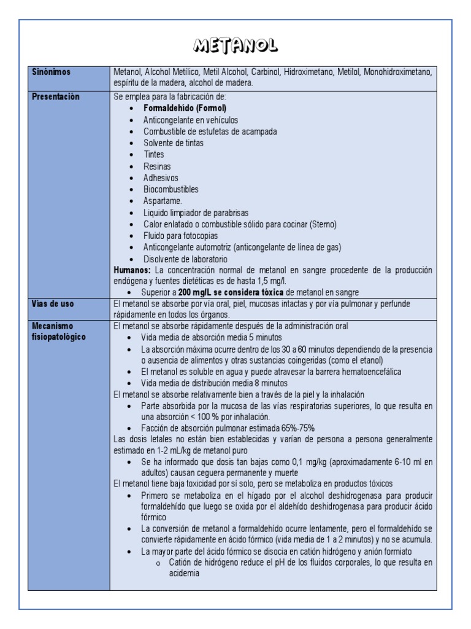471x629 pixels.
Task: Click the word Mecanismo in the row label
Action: [52, 326]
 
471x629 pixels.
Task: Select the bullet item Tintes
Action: [154, 155]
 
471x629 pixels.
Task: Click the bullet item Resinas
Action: [157, 166]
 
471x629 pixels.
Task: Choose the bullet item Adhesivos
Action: [161, 178]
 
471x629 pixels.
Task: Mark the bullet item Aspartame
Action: [163, 201]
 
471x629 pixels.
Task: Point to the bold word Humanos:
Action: [132, 270]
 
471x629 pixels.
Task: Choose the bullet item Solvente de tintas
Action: [174, 143]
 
